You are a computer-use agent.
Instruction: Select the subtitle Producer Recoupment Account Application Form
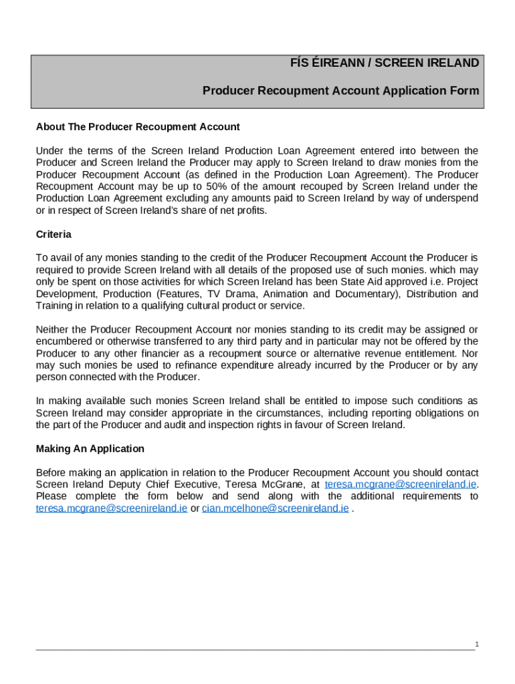tap(341, 90)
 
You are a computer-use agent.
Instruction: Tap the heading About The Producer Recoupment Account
tap(138, 126)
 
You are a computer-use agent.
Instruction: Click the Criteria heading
tap(54, 234)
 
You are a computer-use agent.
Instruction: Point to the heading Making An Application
tap(90, 448)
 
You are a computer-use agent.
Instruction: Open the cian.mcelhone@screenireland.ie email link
tap(275, 508)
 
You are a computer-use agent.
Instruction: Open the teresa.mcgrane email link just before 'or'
tap(111, 508)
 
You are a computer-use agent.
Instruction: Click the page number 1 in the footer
tap(477, 644)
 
